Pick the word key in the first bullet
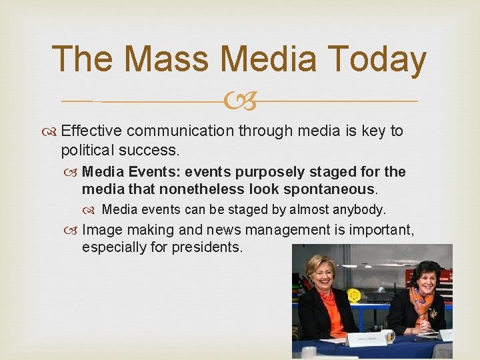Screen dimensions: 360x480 pyautogui.click(x=370, y=131)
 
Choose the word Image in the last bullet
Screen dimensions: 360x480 pyautogui.click(x=102, y=230)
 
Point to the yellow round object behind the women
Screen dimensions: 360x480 pyautogui.click(x=354, y=295)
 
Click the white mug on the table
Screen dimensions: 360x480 pyautogui.click(x=388, y=338)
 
